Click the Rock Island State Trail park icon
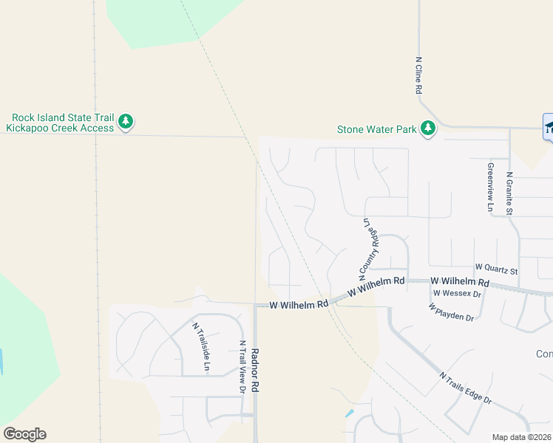click(126, 121)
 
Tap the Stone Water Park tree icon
click(427, 128)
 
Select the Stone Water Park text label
click(377, 129)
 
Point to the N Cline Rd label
click(418, 75)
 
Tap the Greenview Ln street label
click(489, 187)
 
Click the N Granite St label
click(509, 193)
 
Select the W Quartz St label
click(496, 267)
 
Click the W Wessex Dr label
click(457, 293)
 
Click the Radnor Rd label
click(254, 370)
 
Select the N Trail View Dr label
click(242, 367)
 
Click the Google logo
click(24, 434)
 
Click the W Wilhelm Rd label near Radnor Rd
click(299, 304)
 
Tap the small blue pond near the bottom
click(349, 413)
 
